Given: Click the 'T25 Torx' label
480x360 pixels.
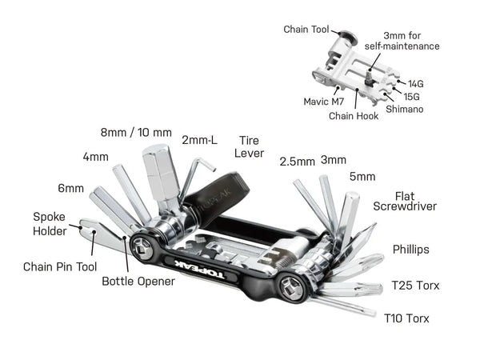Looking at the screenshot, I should tap(416, 285).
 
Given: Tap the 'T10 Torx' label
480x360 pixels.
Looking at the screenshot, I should tap(407, 318).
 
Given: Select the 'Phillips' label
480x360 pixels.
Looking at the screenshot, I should tap(410, 250).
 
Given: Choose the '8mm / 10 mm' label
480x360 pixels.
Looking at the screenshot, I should tap(136, 131).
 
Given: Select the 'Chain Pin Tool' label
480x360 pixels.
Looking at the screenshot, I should tap(60, 266).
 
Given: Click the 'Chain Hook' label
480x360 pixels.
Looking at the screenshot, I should tap(352, 115).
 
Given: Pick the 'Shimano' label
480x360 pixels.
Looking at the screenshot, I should tap(404, 108).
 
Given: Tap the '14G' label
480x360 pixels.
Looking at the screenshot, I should tap(416, 83).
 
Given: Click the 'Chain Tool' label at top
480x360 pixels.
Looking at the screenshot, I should tap(306, 30).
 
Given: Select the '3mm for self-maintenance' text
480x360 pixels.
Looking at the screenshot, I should tap(410, 41).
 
